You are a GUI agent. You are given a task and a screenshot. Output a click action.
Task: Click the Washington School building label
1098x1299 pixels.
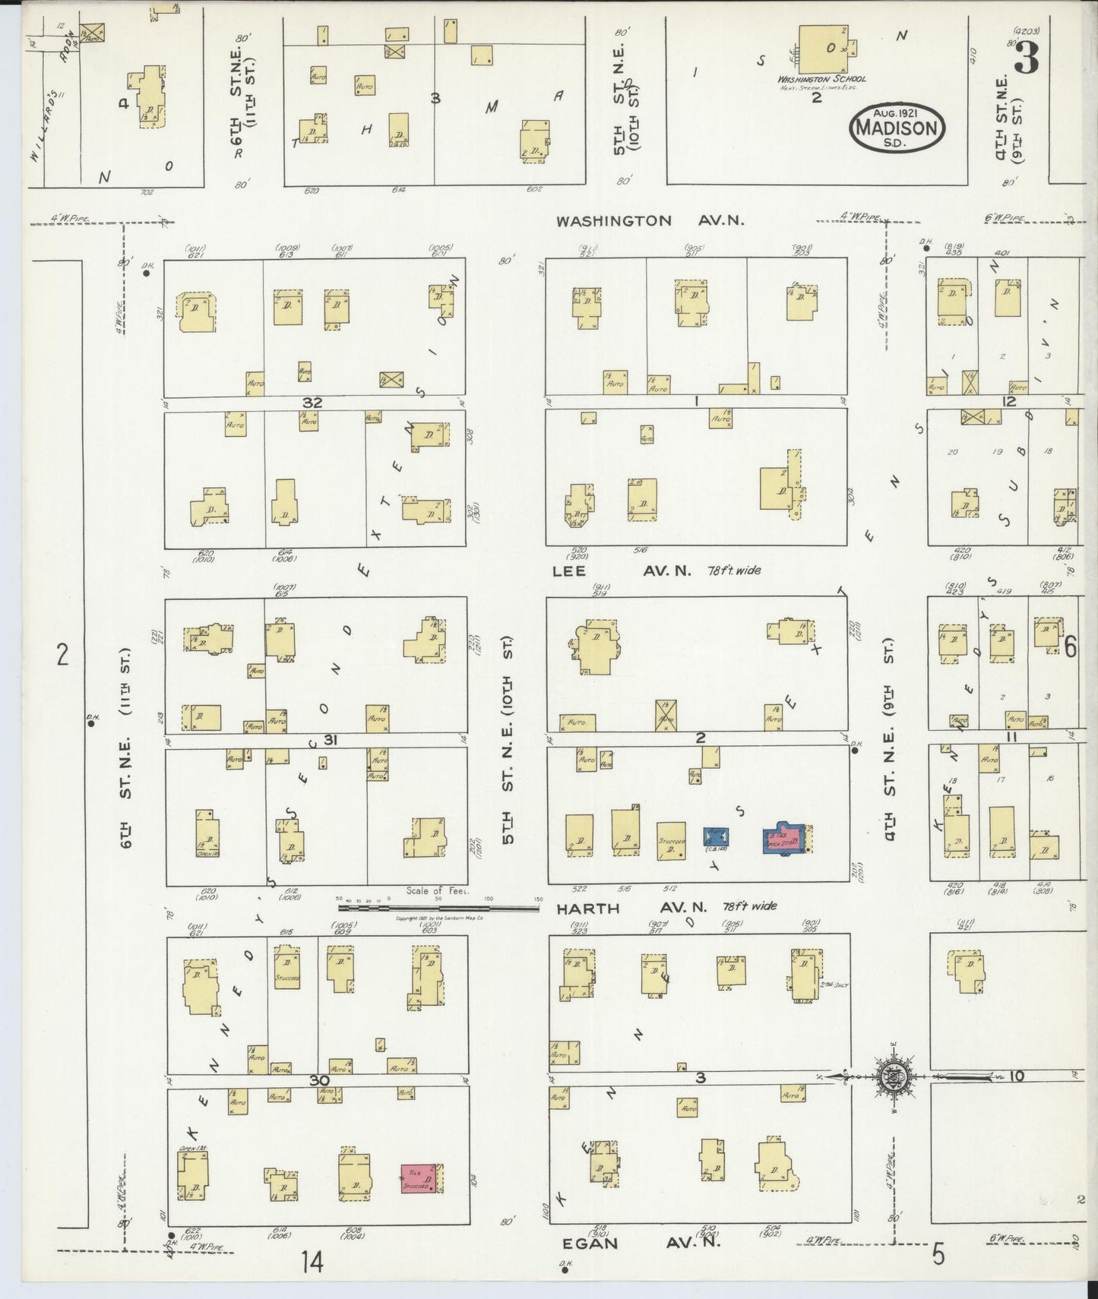coord(821,78)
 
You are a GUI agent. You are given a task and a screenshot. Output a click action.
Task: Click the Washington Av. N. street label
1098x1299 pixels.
coord(650,221)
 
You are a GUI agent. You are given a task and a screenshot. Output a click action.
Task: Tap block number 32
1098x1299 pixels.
coord(312,403)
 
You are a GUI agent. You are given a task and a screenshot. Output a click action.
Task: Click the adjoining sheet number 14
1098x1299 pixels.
coord(312,1262)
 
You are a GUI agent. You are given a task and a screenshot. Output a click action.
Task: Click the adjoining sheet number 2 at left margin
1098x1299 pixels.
coord(62,653)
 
